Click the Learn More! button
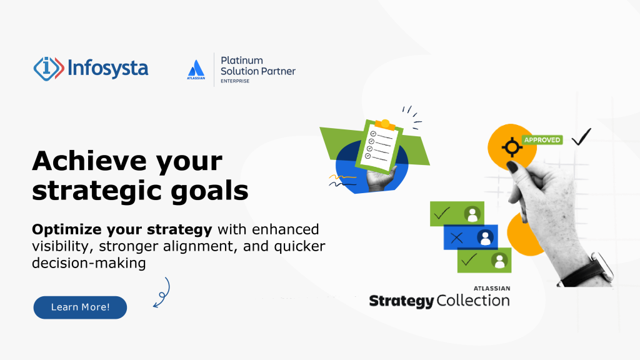(x=80, y=307)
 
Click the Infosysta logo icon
(x=48, y=67)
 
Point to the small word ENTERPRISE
(x=235, y=81)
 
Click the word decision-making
(x=89, y=262)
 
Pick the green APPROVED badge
(x=542, y=140)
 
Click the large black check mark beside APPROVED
(x=582, y=136)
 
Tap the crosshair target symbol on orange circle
(x=512, y=147)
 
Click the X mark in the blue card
(x=456, y=237)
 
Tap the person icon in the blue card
(x=485, y=237)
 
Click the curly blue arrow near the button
(x=162, y=294)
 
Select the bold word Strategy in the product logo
(x=401, y=301)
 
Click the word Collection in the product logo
(x=473, y=301)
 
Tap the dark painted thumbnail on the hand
(x=512, y=167)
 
